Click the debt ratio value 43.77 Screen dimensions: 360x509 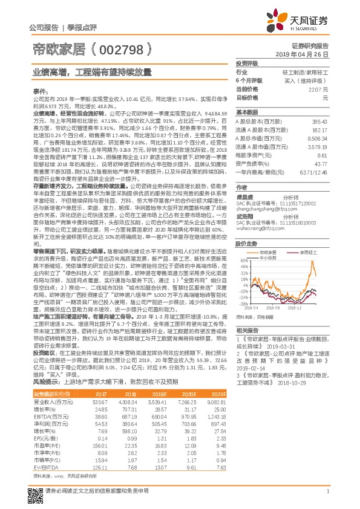tap(321, 164)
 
